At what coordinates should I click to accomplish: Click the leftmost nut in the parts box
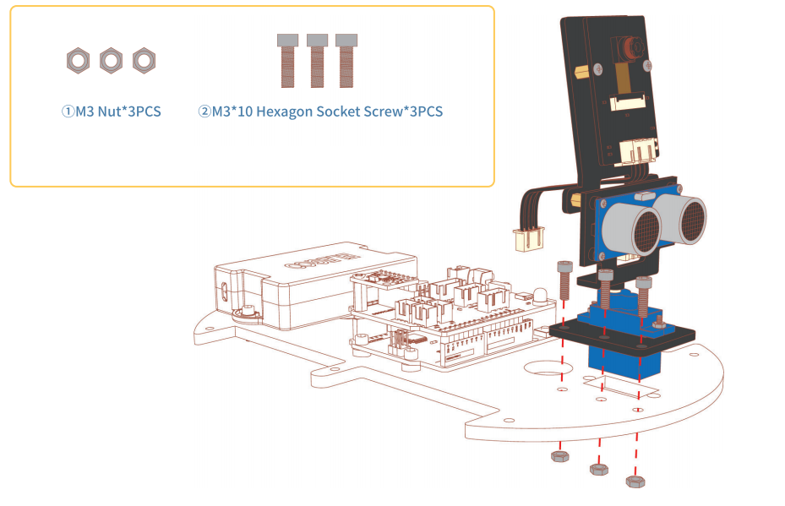[78, 61]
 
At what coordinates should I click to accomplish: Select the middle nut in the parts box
[112, 61]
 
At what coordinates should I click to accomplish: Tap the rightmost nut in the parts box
[144, 61]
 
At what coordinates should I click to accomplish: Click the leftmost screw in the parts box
[288, 61]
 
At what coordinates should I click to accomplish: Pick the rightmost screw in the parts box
[346, 61]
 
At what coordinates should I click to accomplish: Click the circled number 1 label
[68, 112]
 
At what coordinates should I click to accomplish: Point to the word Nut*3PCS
[129, 112]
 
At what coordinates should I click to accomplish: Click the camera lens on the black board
[629, 48]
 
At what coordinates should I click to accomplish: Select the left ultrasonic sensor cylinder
[630, 231]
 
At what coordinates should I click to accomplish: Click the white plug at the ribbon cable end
[529, 239]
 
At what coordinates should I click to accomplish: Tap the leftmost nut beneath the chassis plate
[559, 456]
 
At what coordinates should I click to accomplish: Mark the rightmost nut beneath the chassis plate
[635, 482]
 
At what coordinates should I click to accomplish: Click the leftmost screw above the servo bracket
[564, 280]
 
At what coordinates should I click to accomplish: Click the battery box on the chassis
[315, 286]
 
